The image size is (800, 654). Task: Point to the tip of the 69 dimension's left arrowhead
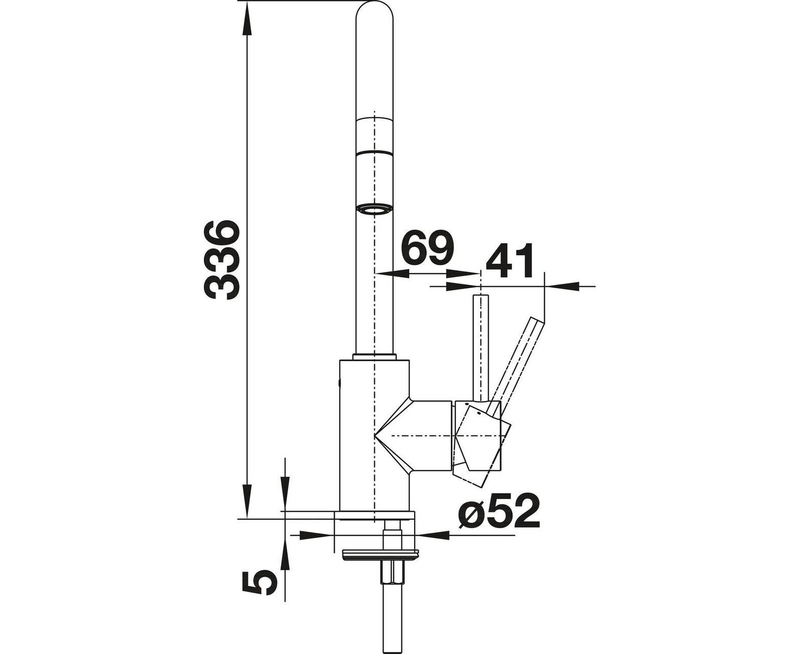tap(375, 273)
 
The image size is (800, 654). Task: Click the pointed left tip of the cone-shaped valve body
tap(374, 436)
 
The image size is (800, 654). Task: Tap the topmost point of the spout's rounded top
tap(375, 1)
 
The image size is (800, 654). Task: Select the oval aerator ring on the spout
tap(374, 209)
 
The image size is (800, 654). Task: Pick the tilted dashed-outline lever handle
tap(516, 366)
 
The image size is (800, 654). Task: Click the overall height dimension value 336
tap(221, 260)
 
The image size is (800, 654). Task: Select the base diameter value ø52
tap(498, 511)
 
